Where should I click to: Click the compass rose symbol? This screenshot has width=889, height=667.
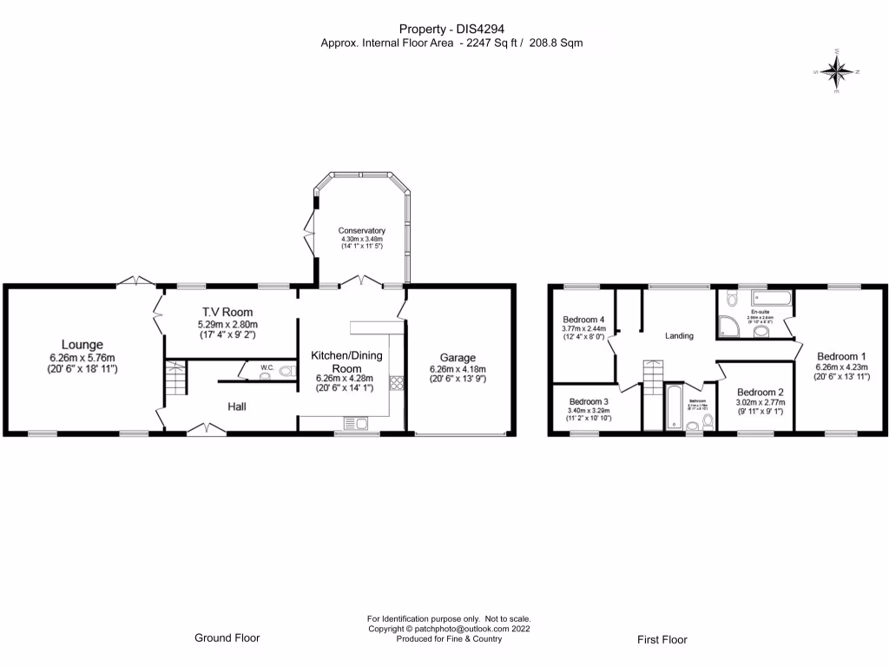pos(837,72)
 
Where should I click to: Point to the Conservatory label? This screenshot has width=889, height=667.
pos(362,230)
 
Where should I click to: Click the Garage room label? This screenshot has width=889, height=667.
pos(458,358)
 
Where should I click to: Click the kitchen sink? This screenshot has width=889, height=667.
pos(356,424)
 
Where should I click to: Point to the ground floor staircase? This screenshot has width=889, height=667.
pos(176,380)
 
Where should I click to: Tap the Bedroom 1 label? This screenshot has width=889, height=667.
pos(841,356)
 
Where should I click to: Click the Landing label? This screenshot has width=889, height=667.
pos(679,336)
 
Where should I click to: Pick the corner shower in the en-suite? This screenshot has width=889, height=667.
pos(728,327)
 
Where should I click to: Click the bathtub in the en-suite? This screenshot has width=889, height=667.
pos(773,299)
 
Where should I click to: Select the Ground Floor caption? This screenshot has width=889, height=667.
pos(227,637)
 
